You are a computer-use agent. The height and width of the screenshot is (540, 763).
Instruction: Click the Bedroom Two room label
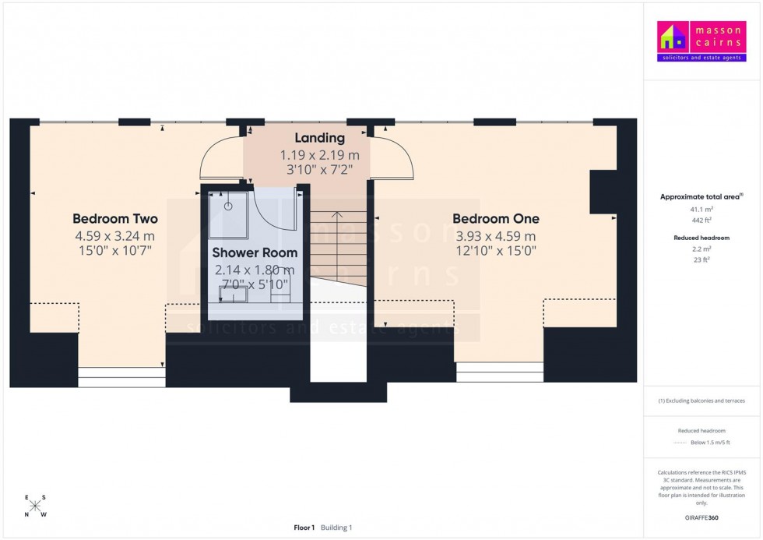[115, 219]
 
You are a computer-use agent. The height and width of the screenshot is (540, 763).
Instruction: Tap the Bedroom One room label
[495, 219]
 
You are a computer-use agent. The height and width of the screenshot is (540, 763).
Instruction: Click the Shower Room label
[255, 252]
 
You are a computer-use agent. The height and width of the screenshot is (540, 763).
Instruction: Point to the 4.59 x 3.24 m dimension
[115, 235]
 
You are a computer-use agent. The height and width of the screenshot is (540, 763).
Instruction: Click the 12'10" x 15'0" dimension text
[495, 251]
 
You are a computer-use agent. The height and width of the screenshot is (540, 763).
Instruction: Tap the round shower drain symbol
[229, 206]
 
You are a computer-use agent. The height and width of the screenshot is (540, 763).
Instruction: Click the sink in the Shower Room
[234, 295]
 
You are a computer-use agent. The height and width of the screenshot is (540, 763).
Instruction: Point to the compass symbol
[35, 506]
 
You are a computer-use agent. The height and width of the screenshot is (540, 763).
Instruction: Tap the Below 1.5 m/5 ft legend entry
[709, 443]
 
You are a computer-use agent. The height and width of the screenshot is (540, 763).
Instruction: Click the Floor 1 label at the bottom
[304, 528]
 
